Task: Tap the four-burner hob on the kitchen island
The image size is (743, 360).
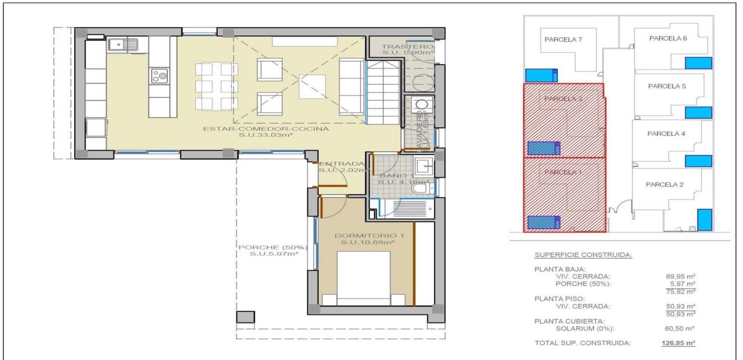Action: click(159, 76)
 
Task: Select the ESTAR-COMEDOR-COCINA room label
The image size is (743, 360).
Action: click(266, 129)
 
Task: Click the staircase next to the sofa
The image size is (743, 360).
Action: click(384, 93)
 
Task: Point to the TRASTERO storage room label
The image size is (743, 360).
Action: click(407, 46)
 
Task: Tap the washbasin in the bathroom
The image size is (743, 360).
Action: click(424, 165)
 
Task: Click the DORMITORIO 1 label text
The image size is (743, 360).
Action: click(369, 236)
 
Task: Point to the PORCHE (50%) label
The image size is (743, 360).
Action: click(273, 247)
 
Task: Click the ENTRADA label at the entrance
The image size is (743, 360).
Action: click(342, 164)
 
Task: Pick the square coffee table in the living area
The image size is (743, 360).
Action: click(312, 86)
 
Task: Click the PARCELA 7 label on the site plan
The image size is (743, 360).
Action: click(563, 39)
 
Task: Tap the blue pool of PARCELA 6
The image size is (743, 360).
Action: click(698, 63)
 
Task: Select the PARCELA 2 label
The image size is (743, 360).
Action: click(665, 184)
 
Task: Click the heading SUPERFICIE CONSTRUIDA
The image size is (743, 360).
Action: click(583, 255)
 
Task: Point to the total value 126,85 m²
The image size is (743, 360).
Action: click(678, 343)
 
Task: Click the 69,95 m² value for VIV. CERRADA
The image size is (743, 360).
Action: click(680, 276)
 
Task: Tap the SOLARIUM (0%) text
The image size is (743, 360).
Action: click(585, 328)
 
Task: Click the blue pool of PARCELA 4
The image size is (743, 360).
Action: click(698, 161)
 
